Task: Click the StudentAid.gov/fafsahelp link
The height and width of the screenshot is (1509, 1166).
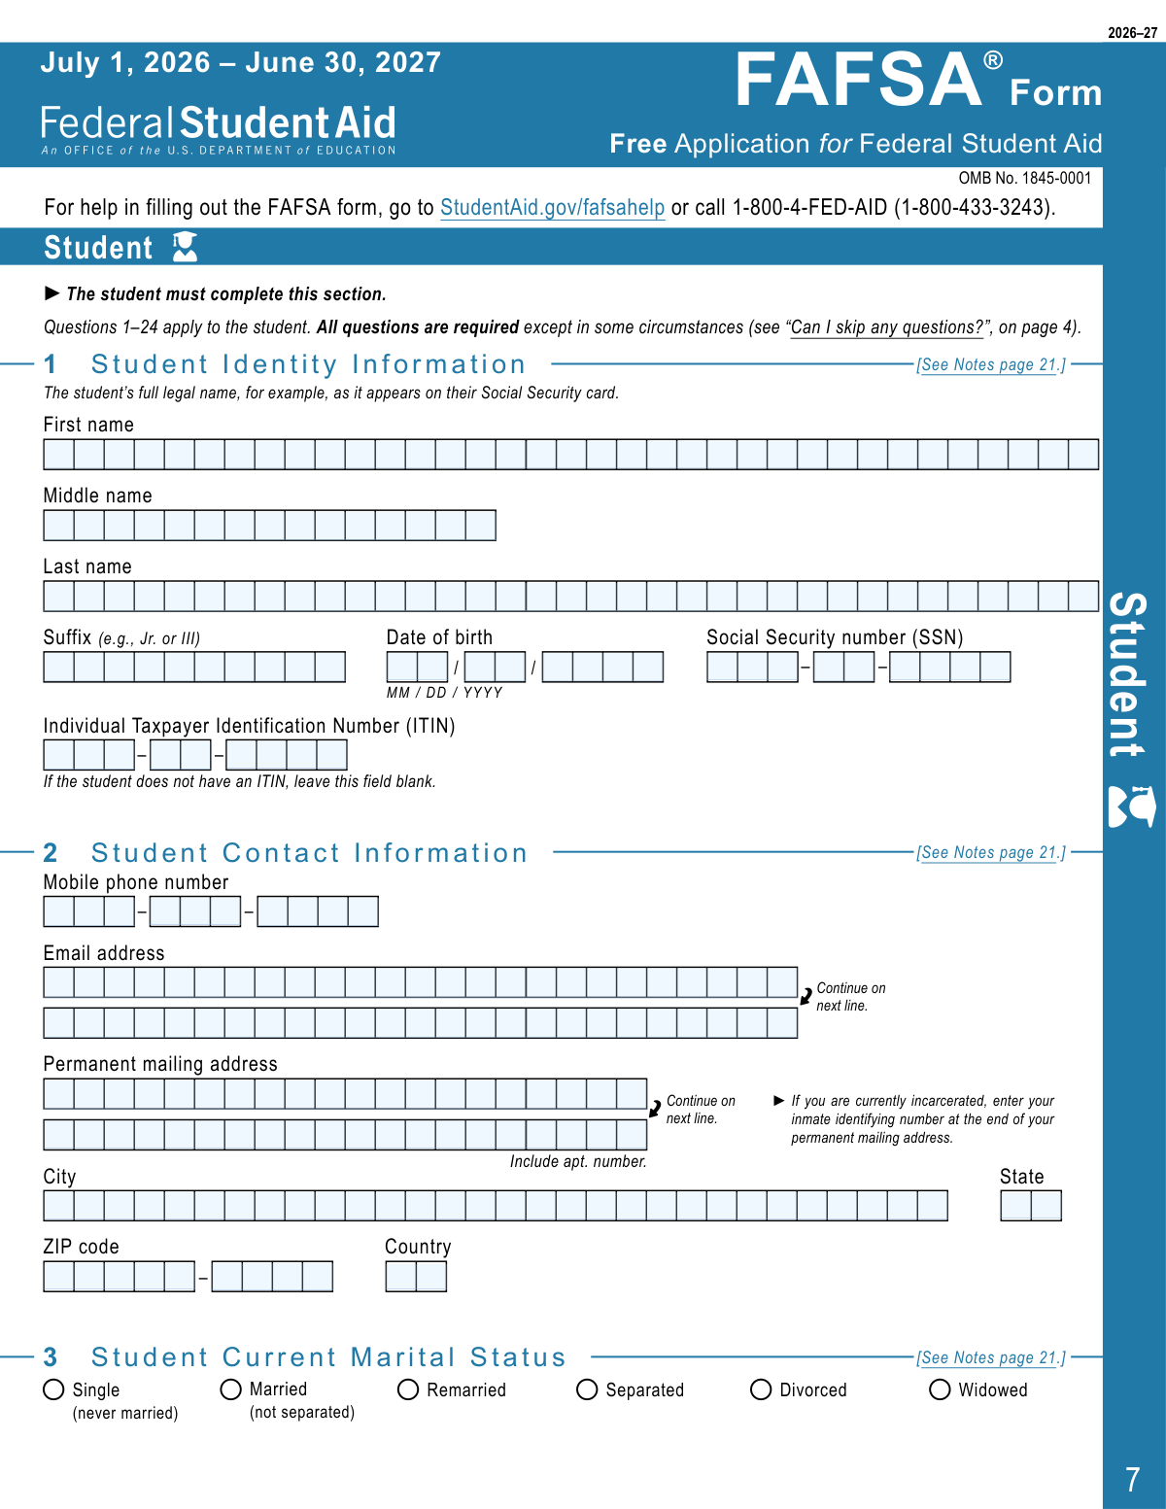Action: coord(552,207)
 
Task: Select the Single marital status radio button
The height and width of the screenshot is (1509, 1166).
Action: coord(54,1389)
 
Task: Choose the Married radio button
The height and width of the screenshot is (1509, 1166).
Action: coord(231,1389)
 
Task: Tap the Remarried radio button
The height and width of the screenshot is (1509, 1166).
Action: coord(408,1389)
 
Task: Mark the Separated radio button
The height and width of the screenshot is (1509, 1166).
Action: coord(587,1389)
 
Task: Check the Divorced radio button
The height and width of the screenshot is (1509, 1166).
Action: coord(761,1389)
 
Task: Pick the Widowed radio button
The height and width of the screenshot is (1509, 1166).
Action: coord(940,1389)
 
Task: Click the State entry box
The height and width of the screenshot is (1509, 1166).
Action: coord(1031,1206)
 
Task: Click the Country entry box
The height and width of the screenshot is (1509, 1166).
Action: coord(416,1276)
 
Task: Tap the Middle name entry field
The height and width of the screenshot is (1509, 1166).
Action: coord(269,526)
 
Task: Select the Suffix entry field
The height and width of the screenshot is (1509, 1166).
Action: coord(194,667)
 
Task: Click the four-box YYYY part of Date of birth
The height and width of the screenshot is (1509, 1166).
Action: coord(602,667)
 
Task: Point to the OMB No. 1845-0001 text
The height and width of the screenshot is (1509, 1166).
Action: coord(1024,178)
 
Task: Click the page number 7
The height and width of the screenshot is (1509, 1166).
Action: coord(1132,1480)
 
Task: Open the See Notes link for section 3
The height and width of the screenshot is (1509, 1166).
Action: coord(990,1357)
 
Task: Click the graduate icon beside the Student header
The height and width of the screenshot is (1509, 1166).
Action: coord(185,247)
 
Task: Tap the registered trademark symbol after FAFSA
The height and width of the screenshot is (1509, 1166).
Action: coord(992,61)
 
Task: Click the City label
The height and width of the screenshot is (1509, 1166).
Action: coord(59,1177)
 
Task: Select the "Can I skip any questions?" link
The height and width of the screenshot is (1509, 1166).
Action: coord(887,327)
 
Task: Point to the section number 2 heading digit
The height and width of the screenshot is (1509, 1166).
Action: coord(51,853)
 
